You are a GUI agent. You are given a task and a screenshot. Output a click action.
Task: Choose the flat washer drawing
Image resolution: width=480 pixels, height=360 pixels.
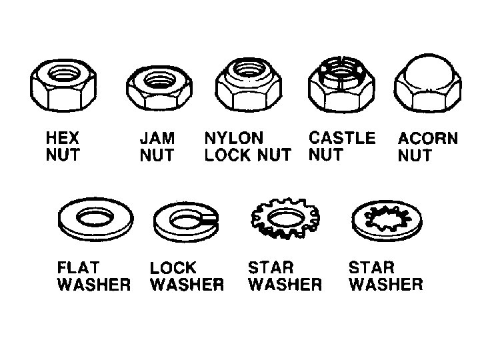click(x=96, y=219)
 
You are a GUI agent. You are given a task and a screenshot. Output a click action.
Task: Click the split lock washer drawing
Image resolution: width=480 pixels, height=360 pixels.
click(x=185, y=221)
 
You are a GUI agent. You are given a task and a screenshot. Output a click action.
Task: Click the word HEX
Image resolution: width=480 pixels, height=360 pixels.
click(x=63, y=139)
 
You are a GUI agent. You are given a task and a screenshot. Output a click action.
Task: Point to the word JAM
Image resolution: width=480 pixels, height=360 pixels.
click(x=157, y=139)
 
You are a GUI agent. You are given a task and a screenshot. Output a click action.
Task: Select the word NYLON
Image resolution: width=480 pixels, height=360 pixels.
click(x=233, y=138)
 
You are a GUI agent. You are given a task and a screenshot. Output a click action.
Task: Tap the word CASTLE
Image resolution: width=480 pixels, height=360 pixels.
click(x=342, y=138)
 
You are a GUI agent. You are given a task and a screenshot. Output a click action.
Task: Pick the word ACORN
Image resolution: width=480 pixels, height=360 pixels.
click(x=428, y=139)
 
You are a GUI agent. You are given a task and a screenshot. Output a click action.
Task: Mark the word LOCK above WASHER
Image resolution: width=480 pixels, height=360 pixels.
click(x=173, y=268)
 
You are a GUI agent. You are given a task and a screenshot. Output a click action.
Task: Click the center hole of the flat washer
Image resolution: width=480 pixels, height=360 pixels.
click(x=96, y=217)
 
